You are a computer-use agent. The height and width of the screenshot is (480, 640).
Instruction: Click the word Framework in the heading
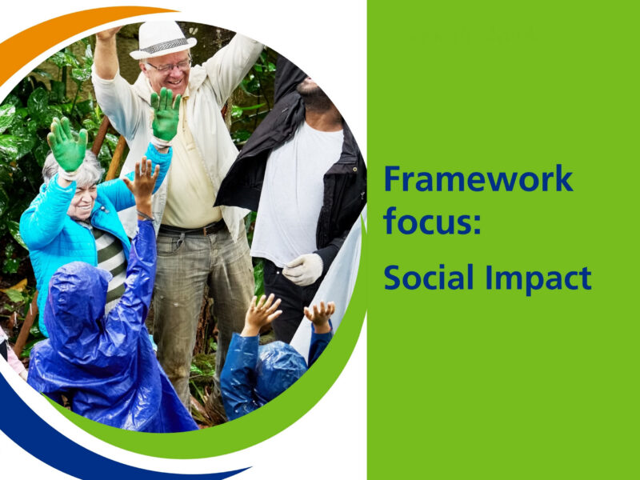click(x=478, y=178)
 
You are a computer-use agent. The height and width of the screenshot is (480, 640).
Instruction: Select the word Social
click(x=426, y=278)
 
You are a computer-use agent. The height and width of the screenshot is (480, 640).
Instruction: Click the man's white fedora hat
click(x=162, y=38)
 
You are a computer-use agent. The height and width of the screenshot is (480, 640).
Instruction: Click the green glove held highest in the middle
click(x=166, y=114)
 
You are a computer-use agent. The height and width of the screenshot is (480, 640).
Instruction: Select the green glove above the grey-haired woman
click(x=67, y=146)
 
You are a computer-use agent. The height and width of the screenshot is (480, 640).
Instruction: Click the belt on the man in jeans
click(x=194, y=230)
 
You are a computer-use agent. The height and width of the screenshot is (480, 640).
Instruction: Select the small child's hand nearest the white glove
click(x=320, y=314)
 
